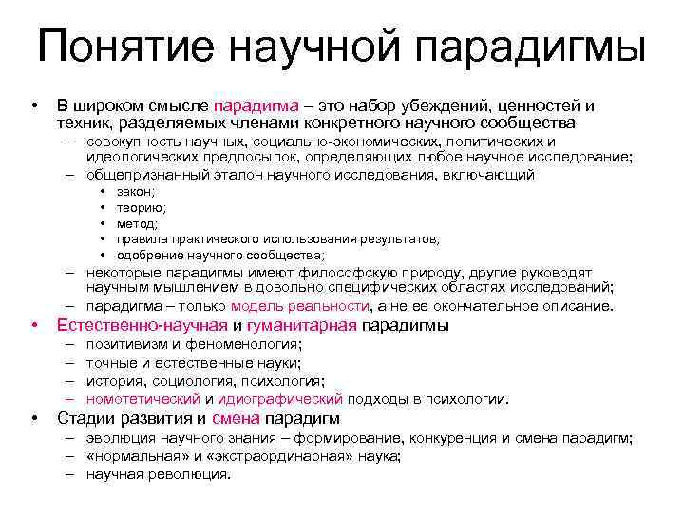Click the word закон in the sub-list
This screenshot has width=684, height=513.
(136, 192)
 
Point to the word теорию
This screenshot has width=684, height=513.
(141, 208)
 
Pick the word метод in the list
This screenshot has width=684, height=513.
(138, 223)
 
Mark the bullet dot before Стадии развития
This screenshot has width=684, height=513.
(34, 419)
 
